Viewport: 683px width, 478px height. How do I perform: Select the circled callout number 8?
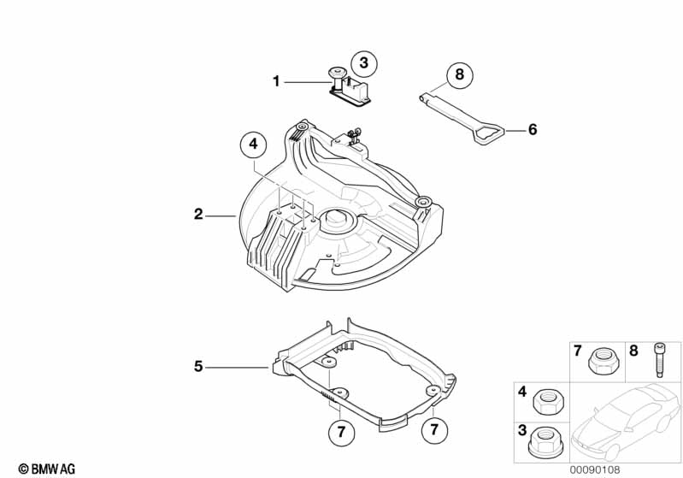pyautogui.click(x=459, y=74)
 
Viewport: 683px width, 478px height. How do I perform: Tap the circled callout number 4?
pyautogui.click(x=252, y=145)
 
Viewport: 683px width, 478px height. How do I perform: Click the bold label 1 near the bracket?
pyautogui.click(x=276, y=81)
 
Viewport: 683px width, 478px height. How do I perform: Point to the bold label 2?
pyautogui.click(x=198, y=215)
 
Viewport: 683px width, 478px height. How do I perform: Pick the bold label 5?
pyautogui.click(x=198, y=367)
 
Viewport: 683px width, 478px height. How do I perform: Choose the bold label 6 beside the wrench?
pyautogui.click(x=532, y=130)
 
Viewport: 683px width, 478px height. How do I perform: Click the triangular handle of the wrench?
pyautogui.click(x=486, y=133)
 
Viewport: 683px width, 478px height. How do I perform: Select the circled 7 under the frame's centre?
pyautogui.click(x=341, y=433)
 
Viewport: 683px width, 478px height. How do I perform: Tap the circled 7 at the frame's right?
pyautogui.click(x=433, y=427)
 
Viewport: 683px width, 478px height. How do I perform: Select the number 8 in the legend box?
pyautogui.click(x=633, y=350)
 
